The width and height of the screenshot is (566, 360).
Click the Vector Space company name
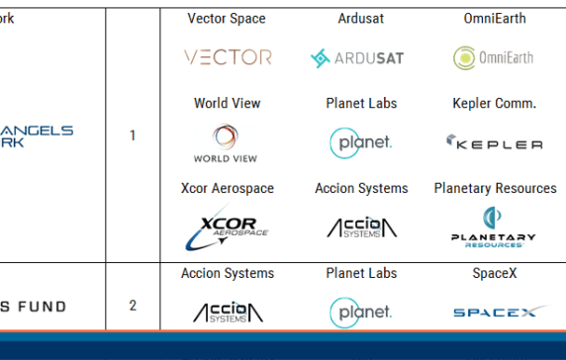[x=227, y=19]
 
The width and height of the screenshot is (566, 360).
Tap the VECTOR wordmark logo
[x=228, y=57]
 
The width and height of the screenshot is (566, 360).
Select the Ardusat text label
[x=361, y=19]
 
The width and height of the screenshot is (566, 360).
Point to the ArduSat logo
[x=361, y=58]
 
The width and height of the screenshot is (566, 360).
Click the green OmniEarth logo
[x=493, y=57]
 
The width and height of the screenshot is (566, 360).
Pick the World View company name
[x=227, y=103]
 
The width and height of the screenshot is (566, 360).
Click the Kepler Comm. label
[x=494, y=103]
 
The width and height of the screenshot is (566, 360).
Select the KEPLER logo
[x=494, y=143]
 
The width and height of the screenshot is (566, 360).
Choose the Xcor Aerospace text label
[x=228, y=188]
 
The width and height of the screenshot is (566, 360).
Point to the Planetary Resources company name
[x=495, y=188]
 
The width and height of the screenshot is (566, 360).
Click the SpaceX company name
[x=494, y=273]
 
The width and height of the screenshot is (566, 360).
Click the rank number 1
[x=133, y=135]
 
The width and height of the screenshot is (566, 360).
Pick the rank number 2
[x=133, y=306]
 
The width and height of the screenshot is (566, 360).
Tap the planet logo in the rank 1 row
[x=361, y=142]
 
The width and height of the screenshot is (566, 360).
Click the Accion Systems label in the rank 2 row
[x=228, y=273]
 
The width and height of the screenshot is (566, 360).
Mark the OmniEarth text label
[x=494, y=19]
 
